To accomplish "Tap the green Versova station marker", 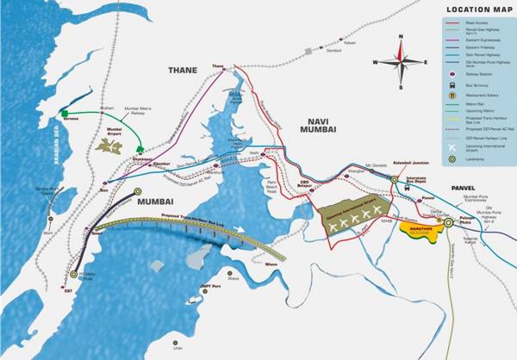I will pyautogui.click(x=65, y=113).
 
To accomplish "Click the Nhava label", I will pyautogui.click(x=272, y=264).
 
